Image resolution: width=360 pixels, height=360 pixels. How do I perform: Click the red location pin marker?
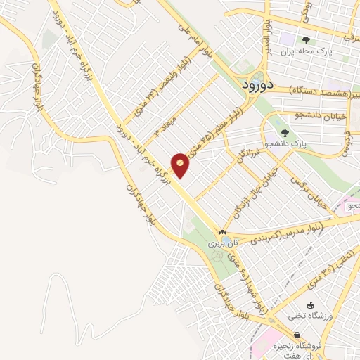[181, 165]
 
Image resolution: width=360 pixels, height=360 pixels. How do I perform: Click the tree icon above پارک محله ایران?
[305, 39]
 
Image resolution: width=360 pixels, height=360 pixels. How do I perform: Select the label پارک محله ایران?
[305, 51]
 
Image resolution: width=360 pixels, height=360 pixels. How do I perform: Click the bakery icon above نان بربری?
[222, 231]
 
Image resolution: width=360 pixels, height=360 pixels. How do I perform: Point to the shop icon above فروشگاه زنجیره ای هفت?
[297, 335]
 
